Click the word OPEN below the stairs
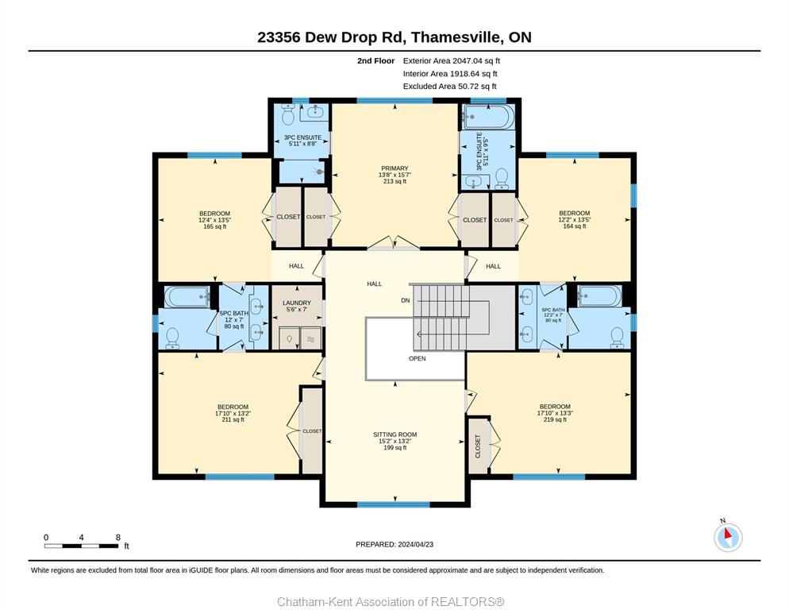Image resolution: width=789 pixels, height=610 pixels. coord(418,359)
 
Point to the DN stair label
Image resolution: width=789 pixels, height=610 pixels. coord(406,301)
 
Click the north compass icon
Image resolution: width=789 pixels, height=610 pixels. coord(728,537)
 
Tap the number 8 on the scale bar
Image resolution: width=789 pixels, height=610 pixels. coord(118,538)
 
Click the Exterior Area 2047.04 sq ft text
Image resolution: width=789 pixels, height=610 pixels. coord(452,61)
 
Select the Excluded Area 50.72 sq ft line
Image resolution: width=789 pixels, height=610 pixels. coord(450,86)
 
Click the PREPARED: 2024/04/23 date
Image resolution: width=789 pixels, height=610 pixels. coord(394,545)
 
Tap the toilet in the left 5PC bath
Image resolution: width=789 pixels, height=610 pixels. coord(172,338)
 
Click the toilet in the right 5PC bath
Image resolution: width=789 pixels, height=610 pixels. coord(617,338)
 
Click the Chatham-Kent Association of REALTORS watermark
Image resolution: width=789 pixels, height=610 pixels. coord(391,602)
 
